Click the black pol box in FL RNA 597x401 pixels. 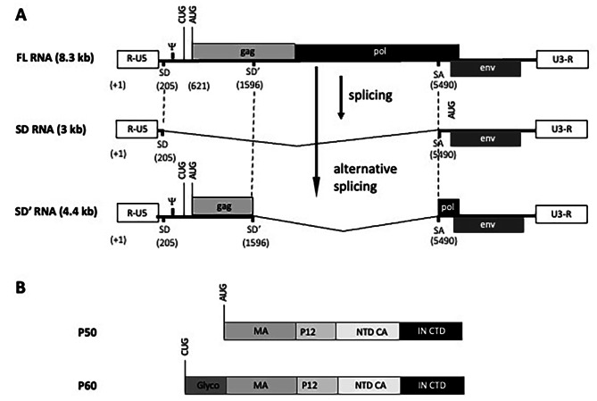tap(377, 53)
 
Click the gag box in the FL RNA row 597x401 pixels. tap(244, 53)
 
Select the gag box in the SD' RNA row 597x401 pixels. tap(222, 205)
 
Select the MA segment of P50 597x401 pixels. tap(260, 331)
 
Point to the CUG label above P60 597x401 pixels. tap(182, 357)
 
